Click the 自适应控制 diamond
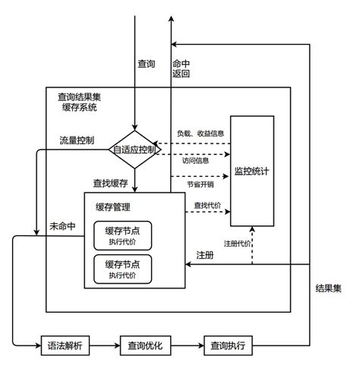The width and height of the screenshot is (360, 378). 134,150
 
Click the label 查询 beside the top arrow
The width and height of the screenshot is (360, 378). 147,64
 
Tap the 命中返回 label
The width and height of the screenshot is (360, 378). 181,68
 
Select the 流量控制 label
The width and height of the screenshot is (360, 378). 77,140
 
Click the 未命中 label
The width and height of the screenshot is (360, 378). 62,226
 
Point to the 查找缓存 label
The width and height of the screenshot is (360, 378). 111,184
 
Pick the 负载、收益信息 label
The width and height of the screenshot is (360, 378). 201,134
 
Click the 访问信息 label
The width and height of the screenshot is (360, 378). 195,160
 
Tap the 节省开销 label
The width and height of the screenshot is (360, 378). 201,184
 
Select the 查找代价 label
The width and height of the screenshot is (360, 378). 207,206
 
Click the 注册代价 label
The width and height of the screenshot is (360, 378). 237,244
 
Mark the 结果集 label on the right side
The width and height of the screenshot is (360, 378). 328,288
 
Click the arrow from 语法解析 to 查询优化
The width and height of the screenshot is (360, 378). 105,345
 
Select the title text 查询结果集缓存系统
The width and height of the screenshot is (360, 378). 79,102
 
